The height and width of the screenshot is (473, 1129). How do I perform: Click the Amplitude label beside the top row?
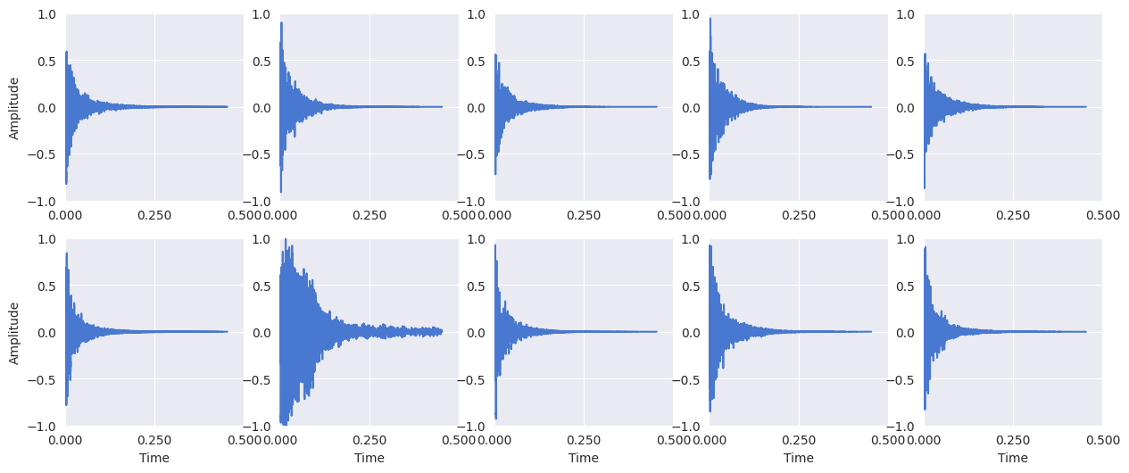14,108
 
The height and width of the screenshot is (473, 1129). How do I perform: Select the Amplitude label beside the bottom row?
14,333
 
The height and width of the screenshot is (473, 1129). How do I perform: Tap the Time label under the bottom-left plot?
154,458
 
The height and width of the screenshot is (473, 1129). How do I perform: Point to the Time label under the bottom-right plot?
1013,458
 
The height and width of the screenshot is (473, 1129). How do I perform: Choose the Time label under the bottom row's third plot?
584,458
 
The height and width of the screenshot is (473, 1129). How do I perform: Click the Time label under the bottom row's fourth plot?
799,458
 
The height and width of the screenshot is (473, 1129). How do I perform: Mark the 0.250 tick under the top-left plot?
154,215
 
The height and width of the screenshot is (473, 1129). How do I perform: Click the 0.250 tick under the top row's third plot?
584,215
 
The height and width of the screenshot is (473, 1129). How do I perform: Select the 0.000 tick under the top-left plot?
65,215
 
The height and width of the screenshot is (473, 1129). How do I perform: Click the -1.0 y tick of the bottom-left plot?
45,426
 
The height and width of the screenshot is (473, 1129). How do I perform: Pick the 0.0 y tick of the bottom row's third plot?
478,333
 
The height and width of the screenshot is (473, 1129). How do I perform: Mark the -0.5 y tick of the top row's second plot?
260,154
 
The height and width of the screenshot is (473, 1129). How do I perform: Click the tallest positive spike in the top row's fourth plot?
710,19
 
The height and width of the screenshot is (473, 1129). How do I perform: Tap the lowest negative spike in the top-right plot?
925,187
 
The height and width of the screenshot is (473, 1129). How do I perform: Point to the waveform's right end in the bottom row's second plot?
442,331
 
